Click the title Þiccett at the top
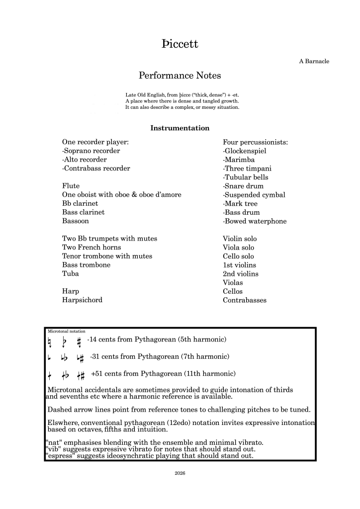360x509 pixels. (180, 44)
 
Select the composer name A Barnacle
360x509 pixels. (314, 61)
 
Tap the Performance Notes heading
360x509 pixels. (180, 76)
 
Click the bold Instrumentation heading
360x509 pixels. (180, 128)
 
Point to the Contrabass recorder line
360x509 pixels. (96, 169)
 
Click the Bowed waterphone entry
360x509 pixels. (255, 221)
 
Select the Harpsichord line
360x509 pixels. (83, 300)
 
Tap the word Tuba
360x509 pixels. (71, 274)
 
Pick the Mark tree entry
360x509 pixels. (240, 204)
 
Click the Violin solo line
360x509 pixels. (240, 239)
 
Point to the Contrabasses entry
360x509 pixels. (245, 300)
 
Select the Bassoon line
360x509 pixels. (76, 221)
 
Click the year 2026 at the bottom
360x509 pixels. (180, 473)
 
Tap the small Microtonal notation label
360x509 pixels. (67, 331)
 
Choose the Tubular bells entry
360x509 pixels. (246, 177)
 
